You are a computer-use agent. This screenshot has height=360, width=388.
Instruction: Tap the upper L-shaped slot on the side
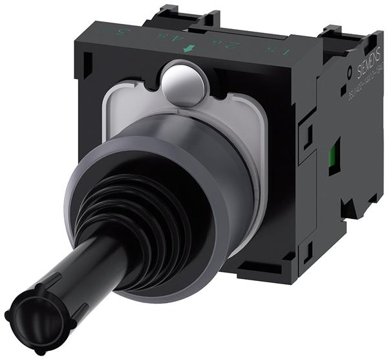pos(307,135)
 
